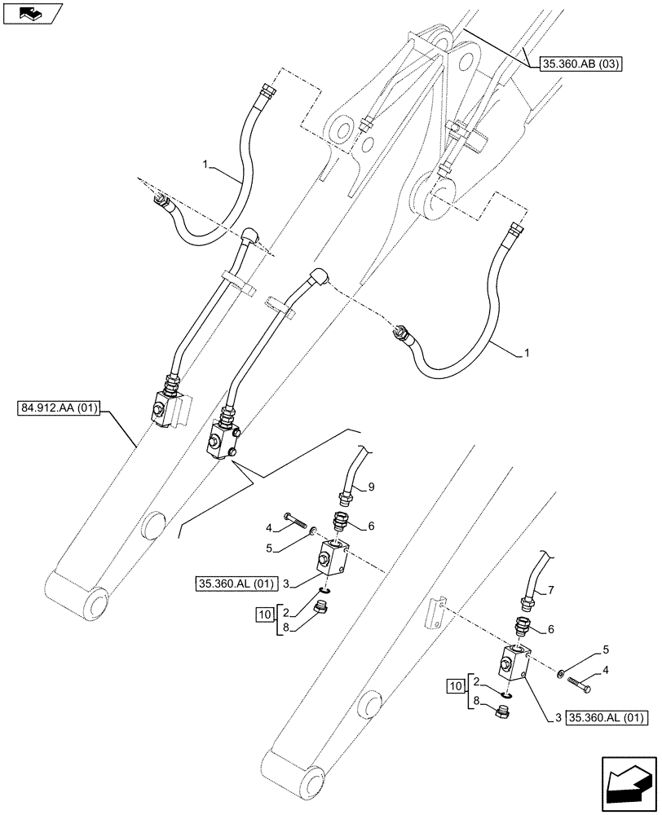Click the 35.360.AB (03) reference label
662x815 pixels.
coord(581,60)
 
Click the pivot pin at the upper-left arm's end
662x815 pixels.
coord(96,604)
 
